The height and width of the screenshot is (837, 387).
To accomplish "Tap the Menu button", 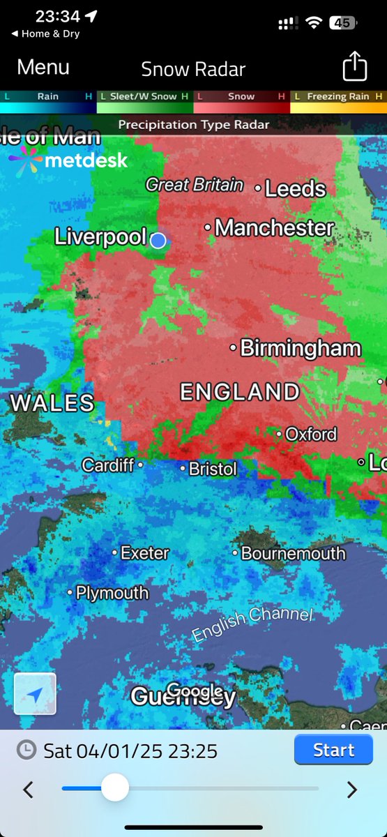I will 43,67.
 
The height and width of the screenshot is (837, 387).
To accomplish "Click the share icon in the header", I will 355,67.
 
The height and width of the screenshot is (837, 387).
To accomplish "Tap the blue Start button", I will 333,750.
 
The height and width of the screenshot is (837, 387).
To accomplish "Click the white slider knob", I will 114,788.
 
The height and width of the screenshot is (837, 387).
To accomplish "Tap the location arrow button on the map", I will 35,694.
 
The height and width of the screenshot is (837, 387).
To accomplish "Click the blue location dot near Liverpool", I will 158,240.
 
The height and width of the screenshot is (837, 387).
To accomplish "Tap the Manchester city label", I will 275,227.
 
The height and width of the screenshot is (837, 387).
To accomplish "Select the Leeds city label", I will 296,188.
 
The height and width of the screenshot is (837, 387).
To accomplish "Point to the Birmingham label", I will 301,348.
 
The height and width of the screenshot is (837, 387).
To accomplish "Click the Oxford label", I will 310,434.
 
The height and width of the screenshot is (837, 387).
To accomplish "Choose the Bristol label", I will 213,469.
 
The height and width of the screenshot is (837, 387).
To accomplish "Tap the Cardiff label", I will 108,465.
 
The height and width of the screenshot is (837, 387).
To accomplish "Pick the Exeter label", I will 144,553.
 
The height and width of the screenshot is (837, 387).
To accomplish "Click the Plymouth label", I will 112,593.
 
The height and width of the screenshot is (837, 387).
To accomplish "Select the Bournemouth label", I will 293,554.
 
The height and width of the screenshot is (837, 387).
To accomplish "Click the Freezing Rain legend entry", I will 338,96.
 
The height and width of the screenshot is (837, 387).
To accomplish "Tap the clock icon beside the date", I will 26,750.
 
